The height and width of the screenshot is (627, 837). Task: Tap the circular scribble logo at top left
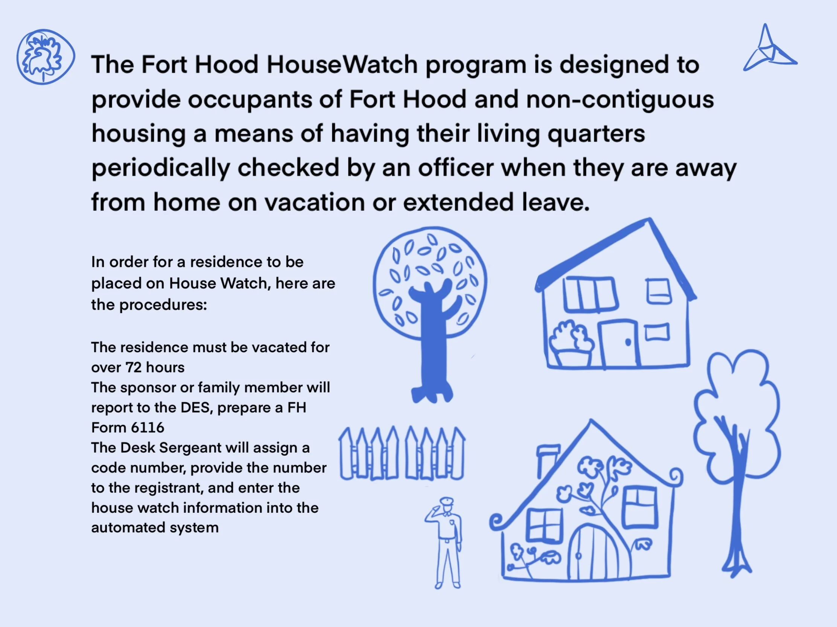(46, 57)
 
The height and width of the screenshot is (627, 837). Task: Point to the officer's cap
(447, 501)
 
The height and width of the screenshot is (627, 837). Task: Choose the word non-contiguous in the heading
(620, 99)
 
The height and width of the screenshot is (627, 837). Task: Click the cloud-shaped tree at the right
(736, 416)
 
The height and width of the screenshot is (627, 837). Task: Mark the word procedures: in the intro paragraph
(163, 304)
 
